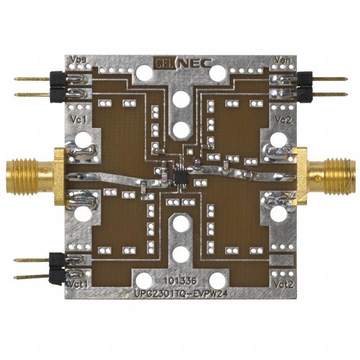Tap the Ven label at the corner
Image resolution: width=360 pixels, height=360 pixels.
pos(282,60)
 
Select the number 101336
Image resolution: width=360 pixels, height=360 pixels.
pos(179,280)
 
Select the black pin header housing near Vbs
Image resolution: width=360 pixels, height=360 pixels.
pos(57,87)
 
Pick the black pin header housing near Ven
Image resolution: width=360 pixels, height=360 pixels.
pos(304,87)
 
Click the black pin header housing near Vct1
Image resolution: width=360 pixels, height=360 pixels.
pos(57,267)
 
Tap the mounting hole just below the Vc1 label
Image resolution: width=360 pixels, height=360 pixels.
pos(82,139)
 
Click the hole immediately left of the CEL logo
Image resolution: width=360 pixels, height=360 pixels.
pos(145,71)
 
